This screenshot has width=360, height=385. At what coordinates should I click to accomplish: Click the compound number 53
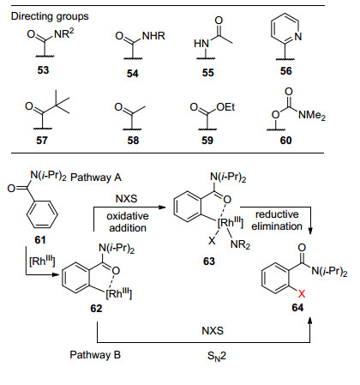43,70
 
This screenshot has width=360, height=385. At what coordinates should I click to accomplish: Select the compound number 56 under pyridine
286,71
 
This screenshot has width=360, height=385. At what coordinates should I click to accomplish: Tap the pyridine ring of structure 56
285,29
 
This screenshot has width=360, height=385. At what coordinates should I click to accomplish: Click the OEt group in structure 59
225,107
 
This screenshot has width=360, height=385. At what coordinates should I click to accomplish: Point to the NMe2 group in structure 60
312,115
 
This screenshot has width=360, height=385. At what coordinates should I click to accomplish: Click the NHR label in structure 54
153,36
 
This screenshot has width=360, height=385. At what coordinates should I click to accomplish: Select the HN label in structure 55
201,44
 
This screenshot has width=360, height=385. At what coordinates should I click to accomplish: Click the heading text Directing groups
50,16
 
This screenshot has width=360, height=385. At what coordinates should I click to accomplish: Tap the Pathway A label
96,177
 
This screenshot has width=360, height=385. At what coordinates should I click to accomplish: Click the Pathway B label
95,355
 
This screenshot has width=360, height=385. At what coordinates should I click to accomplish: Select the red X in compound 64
302,293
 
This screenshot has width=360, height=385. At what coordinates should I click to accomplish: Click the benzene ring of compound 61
42,214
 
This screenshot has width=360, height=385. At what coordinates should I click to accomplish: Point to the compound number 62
96,309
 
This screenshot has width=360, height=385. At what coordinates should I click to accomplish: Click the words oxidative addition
128,222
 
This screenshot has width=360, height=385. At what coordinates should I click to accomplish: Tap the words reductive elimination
277,220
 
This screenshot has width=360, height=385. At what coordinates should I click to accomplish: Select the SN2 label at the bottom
217,356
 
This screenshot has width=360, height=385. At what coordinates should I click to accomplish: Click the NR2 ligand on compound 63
240,244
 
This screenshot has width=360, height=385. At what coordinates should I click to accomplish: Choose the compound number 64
297,308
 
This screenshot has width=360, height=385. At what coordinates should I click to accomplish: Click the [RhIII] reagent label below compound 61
42,261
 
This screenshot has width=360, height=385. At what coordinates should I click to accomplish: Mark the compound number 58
133,141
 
